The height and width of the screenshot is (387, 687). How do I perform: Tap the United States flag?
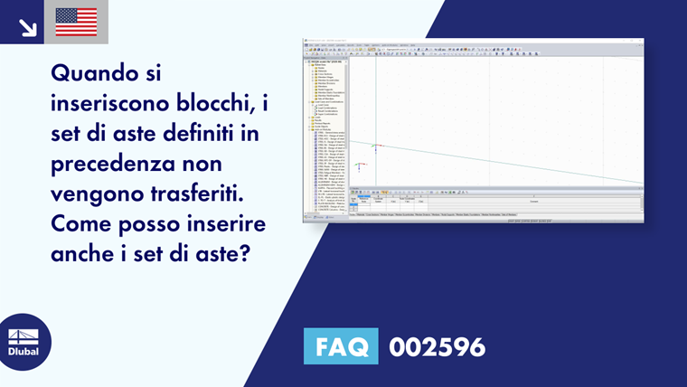(x=76, y=22)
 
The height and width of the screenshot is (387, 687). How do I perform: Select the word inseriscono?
(x=109, y=104)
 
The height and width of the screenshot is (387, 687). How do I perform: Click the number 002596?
(x=437, y=346)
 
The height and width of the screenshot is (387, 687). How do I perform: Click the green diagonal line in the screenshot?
(x=497, y=162)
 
